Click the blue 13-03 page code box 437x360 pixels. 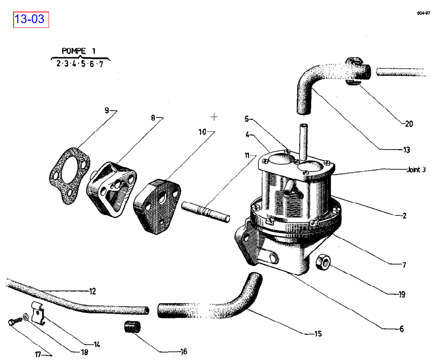click(x=31, y=19)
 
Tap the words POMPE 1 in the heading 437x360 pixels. click(x=78, y=51)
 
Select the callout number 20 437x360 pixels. click(x=409, y=124)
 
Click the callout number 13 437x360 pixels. click(x=406, y=150)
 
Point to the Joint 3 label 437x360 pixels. click(x=416, y=170)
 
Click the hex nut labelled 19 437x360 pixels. click(x=322, y=262)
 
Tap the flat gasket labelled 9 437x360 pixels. click(x=69, y=176)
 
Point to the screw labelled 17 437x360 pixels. click(x=12, y=322)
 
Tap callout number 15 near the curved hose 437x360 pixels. click(x=318, y=334)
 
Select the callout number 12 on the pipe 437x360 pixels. click(x=92, y=292)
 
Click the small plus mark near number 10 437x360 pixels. click(x=214, y=117)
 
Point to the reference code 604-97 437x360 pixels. click(x=423, y=13)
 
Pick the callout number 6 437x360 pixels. click(x=402, y=329)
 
